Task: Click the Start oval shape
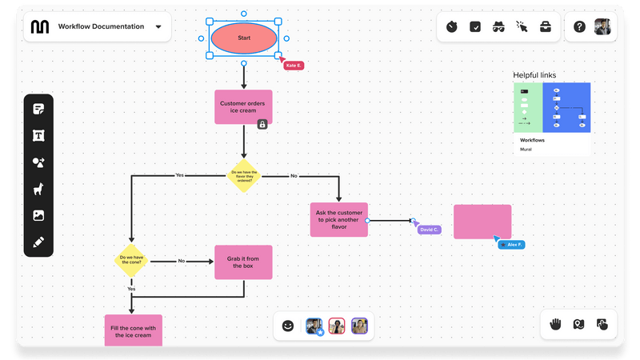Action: pos(244,38)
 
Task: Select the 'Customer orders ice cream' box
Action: pos(243,106)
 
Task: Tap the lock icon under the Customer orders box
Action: pos(262,124)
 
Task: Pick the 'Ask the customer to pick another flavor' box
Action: pos(339,219)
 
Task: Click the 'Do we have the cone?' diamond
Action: pos(131,260)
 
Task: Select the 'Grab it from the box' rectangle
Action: pos(243,262)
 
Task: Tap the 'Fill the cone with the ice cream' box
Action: pos(134,330)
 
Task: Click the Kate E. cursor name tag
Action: pos(294,65)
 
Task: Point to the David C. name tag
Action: pos(430,230)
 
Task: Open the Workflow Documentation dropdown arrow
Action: pos(158,26)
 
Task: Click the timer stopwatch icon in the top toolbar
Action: pos(452,27)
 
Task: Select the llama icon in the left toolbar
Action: pos(38,189)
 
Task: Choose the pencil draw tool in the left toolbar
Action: pos(38,242)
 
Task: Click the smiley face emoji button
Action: pos(288,326)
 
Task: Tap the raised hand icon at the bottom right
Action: pos(555,324)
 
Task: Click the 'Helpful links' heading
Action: pos(534,75)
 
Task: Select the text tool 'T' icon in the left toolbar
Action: pos(38,136)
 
